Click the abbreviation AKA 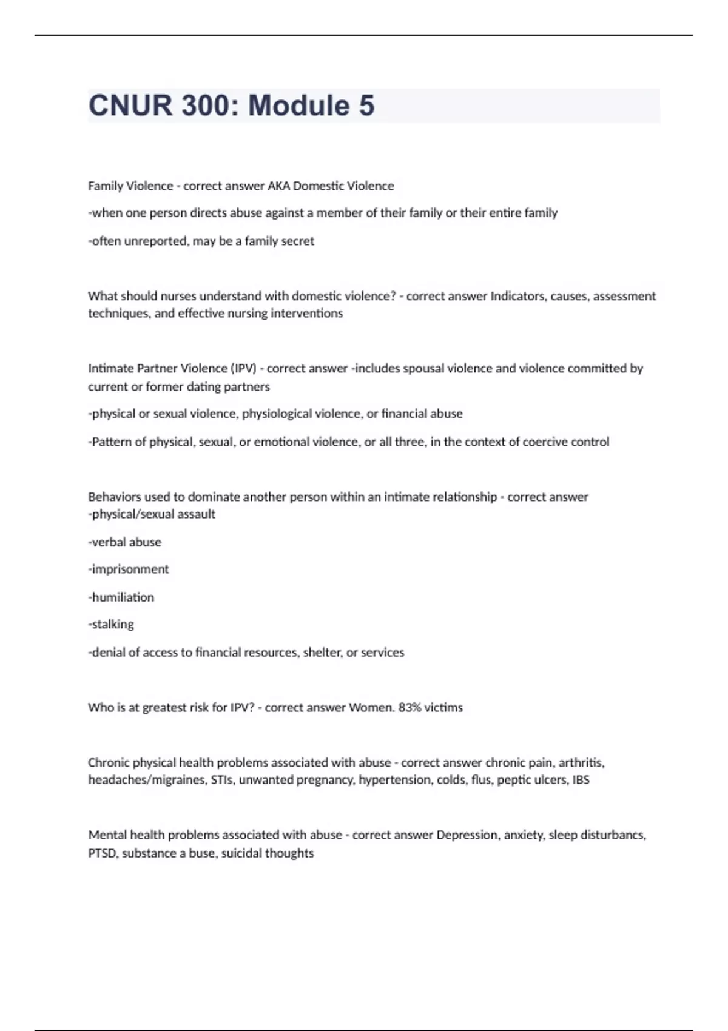pyautogui.click(x=278, y=186)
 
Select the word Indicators pyautogui.click(x=517, y=296)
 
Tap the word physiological pyautogui.click(x=281, y=414)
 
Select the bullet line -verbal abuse pyautogui.click(x=125, y=542)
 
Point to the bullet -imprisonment pyautogui.click(x=129, y=569)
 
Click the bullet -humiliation pyautogui.click(x=121, y=597)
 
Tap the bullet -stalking pyautogui.click(x=111, y=624)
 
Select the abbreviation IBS pyautogui.click(x=581, y=780)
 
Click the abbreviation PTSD pyautogui.click(x=103, y=853)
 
